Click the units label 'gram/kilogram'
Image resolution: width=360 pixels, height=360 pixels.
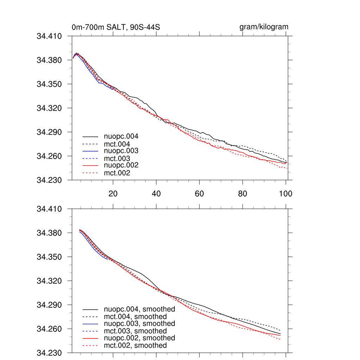click(x=264, y=27)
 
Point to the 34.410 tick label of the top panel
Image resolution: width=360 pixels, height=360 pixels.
click(x=49, y=36)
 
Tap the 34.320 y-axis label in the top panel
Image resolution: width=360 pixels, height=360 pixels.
click(x=49, y=108)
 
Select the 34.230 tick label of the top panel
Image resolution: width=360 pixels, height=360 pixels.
click(x=49, y=180)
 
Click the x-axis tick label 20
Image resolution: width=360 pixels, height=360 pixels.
click(x=113, y=193)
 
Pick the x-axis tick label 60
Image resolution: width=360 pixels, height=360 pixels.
click(x=199, y=193)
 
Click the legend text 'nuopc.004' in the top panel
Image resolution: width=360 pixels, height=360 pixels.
click(x=120, y=136)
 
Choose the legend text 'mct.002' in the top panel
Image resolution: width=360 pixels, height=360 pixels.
click(x=117, y=173)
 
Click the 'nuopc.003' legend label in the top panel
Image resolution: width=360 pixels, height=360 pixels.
click(x=120, y=150)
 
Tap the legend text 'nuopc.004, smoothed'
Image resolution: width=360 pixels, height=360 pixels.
click(x=140, y=309)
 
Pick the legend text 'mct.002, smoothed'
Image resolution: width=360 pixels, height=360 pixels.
click(x=135, y=346)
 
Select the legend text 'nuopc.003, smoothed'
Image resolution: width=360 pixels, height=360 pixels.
click(x=140, y=323)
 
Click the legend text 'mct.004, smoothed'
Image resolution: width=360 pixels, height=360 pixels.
click(x=135, y=317)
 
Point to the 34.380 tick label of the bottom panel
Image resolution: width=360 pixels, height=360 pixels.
click(x=49, y=233)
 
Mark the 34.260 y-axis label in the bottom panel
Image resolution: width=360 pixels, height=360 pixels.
click(x=49, y=329)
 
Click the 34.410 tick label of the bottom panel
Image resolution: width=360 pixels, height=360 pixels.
click(x=49, y=209)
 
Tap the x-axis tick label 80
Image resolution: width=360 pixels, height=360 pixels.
click(x=243, y=193)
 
